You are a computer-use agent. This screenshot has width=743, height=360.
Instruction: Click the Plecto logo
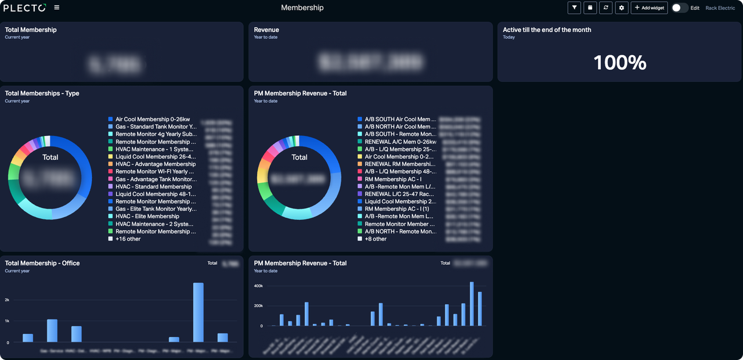tap(25, 8)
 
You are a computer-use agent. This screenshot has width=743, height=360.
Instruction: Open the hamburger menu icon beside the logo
tap(56, 8)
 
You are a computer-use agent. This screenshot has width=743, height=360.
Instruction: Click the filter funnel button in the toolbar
tap(574, 8)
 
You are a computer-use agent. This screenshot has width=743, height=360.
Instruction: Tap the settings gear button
tap(622, 8)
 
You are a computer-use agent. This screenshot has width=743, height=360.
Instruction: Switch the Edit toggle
tap(679, 8)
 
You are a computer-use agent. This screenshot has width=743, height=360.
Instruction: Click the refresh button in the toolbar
tap(606, 8)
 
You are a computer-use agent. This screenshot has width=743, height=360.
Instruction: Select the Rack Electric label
tap(720, 8)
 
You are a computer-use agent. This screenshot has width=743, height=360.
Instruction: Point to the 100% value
tap(619, 63)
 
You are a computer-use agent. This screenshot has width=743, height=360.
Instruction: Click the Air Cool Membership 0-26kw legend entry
tap(152, 119)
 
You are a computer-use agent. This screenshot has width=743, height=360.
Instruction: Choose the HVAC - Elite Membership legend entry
tap(147, 216)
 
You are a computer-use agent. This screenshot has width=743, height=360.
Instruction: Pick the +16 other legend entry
tap(128, 239)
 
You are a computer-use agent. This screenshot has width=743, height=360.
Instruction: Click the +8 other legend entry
tap(375, 239)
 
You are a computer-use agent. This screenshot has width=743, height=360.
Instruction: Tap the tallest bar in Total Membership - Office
tap(198, 312)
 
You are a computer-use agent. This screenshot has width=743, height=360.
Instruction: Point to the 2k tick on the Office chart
tap(7, 300)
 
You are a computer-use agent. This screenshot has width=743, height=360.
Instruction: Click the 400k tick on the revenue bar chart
tap(258, 286)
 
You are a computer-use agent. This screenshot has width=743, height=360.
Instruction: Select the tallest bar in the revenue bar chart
tap(472, 304)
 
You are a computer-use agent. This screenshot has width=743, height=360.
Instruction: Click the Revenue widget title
tap(266, 30)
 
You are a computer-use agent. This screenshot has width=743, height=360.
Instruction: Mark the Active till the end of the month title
tap(547, 30)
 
